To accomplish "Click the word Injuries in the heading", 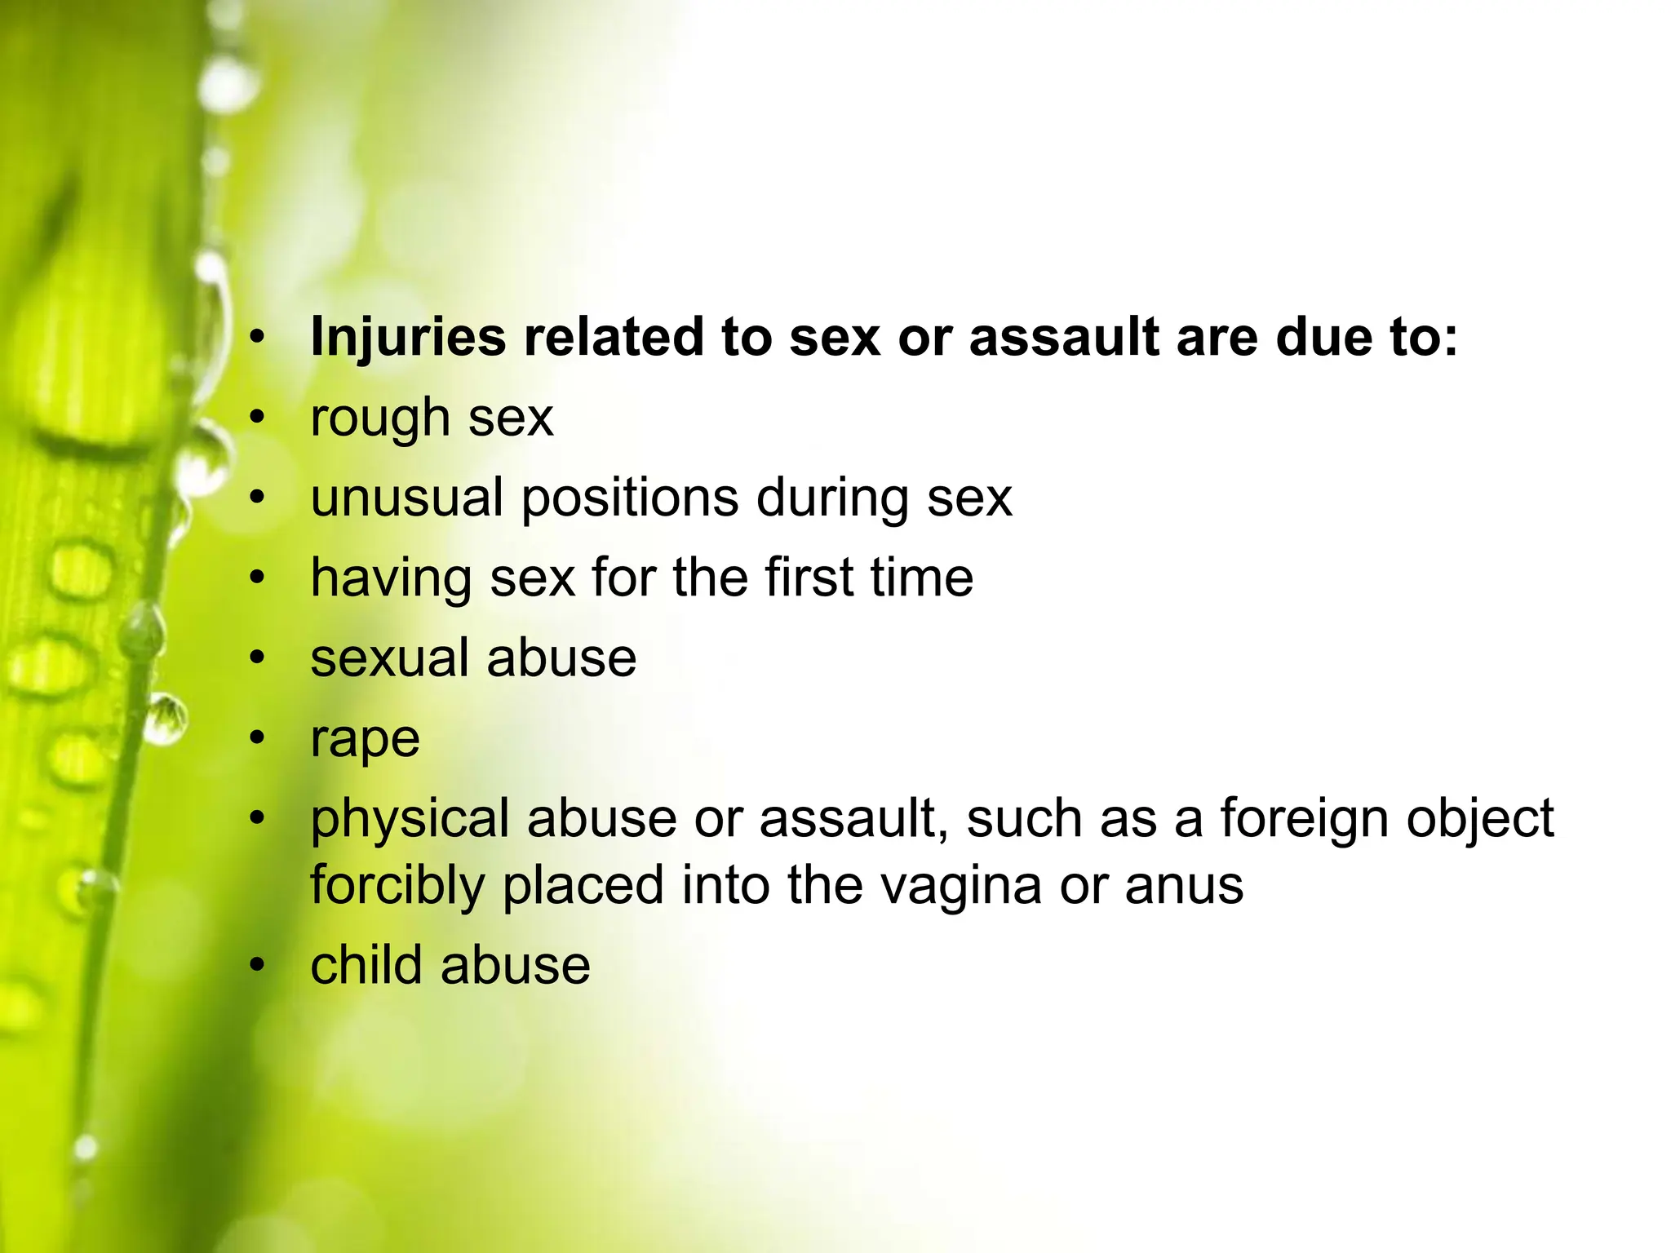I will pos(408,337).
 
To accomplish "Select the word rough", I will pos(380,418).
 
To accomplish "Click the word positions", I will pos(629,498).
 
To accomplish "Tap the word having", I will pos(391,578).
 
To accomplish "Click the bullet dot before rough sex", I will pos(258,417).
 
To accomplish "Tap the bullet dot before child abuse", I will pos(258,965).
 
